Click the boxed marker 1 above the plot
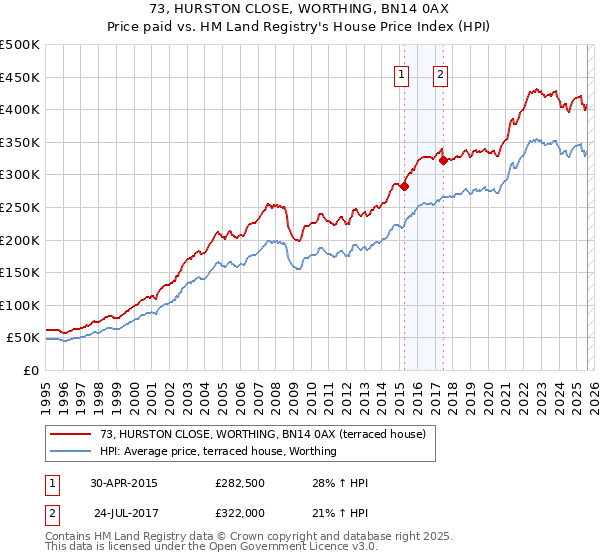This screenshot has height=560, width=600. (401, 73)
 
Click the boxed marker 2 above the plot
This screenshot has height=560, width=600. (440, 73)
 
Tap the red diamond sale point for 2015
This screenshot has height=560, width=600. (405, 186)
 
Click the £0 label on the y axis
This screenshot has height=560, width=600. (29, 370)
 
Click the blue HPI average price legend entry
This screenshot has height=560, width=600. (218, 451)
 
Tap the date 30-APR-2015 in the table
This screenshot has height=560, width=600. (123, 483)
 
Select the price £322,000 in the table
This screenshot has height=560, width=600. (240, 512)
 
